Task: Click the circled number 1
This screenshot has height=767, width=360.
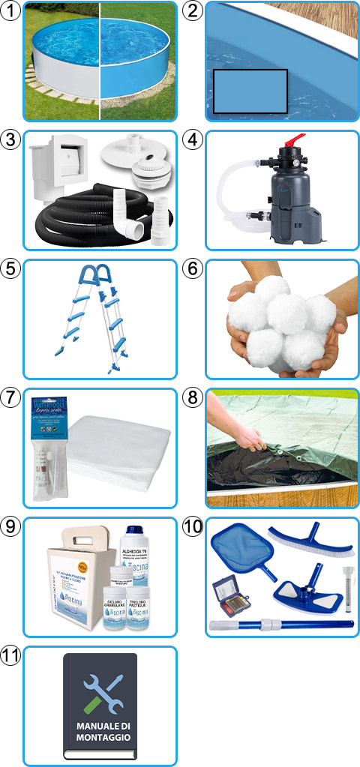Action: [x=10, y=10]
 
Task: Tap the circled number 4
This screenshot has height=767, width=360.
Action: [x=193, y=139]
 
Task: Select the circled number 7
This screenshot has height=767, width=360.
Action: [x=10, y=397]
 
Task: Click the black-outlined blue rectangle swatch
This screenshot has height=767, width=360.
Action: [x=250, y=91]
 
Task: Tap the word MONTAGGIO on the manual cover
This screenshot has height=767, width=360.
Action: [x=100, y=738]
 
